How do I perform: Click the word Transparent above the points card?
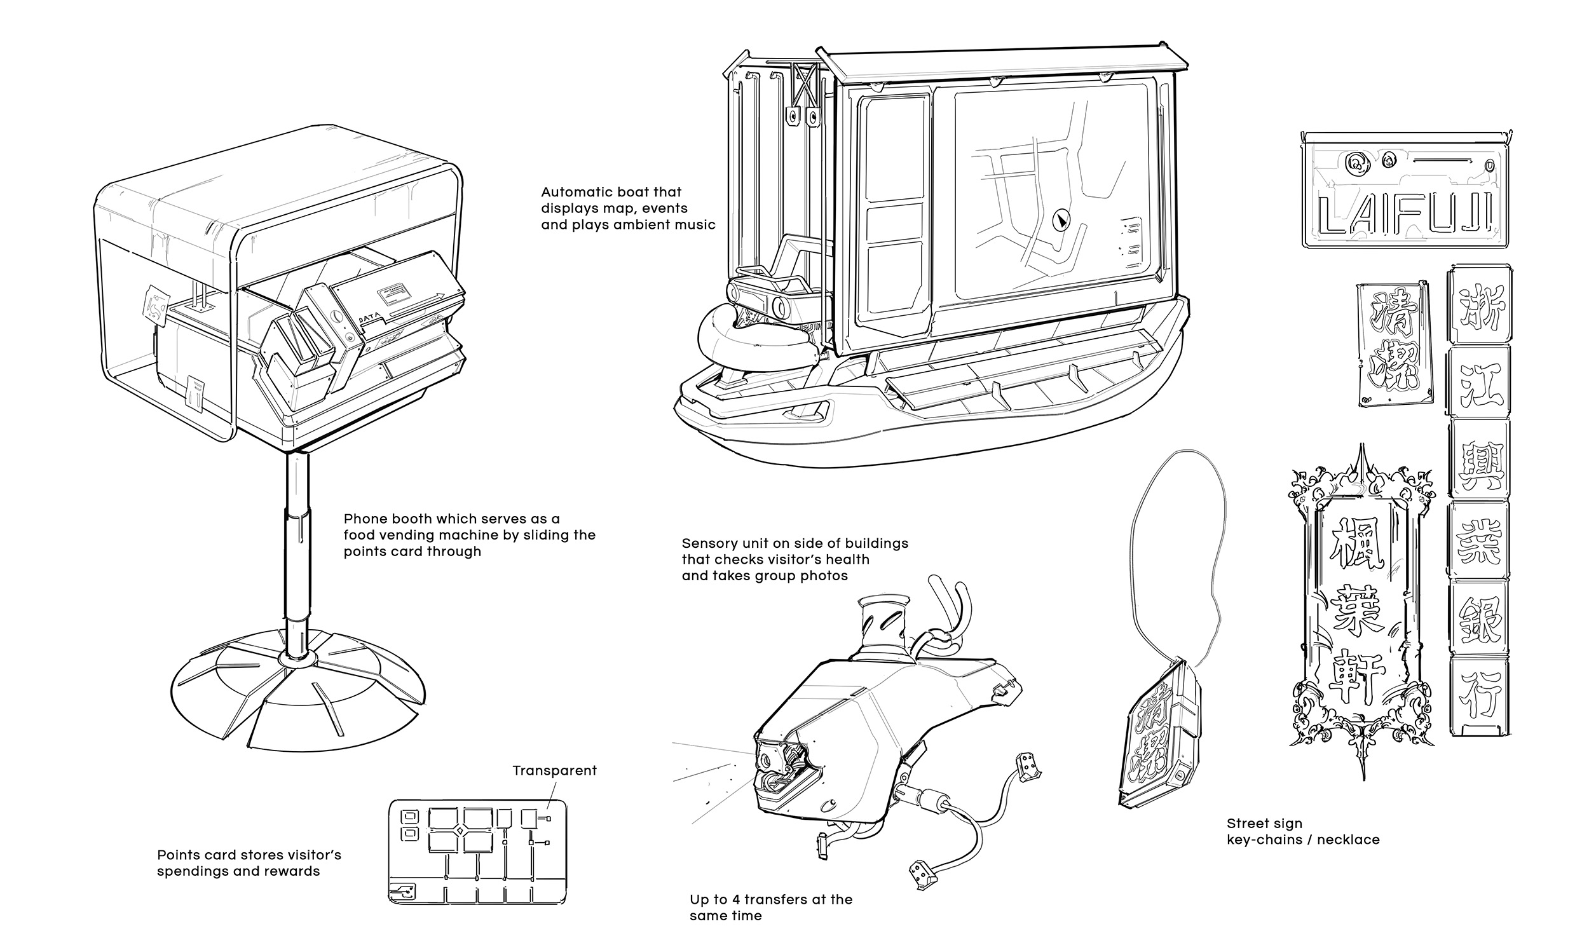(554, 770)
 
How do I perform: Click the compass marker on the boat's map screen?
(1061, 221)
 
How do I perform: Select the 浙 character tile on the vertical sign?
(1480, 306)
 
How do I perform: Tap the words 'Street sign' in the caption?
(1264, 824)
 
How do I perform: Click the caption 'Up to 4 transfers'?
(770, 899)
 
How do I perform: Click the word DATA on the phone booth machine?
(369, 318)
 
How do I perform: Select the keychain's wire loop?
(1174, 552)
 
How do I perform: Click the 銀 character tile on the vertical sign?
(1480, 620)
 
